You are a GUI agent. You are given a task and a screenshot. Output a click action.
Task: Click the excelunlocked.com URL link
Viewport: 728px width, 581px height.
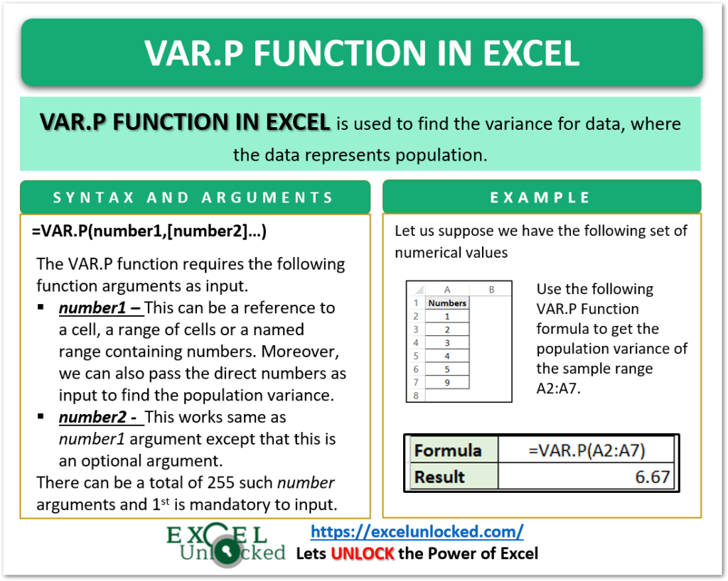417,531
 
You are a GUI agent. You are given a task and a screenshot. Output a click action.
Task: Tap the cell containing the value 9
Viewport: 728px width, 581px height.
448,383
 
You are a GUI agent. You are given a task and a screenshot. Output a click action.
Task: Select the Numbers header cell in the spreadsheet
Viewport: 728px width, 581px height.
448,303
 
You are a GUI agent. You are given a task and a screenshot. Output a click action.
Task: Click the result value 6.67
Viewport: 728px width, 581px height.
653,477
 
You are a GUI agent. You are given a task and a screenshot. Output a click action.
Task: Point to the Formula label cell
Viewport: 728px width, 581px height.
448,450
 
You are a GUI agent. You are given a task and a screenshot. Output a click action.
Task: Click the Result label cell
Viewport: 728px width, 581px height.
440,477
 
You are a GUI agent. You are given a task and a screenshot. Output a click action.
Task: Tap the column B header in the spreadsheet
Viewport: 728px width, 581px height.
491,289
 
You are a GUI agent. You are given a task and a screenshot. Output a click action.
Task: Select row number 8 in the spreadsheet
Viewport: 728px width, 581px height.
415,396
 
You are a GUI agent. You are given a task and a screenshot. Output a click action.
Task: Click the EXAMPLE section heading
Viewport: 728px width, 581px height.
541,197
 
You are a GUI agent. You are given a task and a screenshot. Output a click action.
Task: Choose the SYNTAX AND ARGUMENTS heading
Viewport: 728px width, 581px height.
195,197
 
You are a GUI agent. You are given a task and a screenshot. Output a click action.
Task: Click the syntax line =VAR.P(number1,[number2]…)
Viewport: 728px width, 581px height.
149,232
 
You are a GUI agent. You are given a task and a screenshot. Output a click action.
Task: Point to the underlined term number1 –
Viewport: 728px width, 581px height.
100,308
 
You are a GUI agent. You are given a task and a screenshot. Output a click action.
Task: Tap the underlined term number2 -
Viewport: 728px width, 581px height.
100,418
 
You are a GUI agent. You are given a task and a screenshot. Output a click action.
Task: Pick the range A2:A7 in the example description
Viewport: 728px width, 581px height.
559,389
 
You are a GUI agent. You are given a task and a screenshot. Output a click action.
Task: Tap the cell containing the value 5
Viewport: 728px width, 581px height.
448,369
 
